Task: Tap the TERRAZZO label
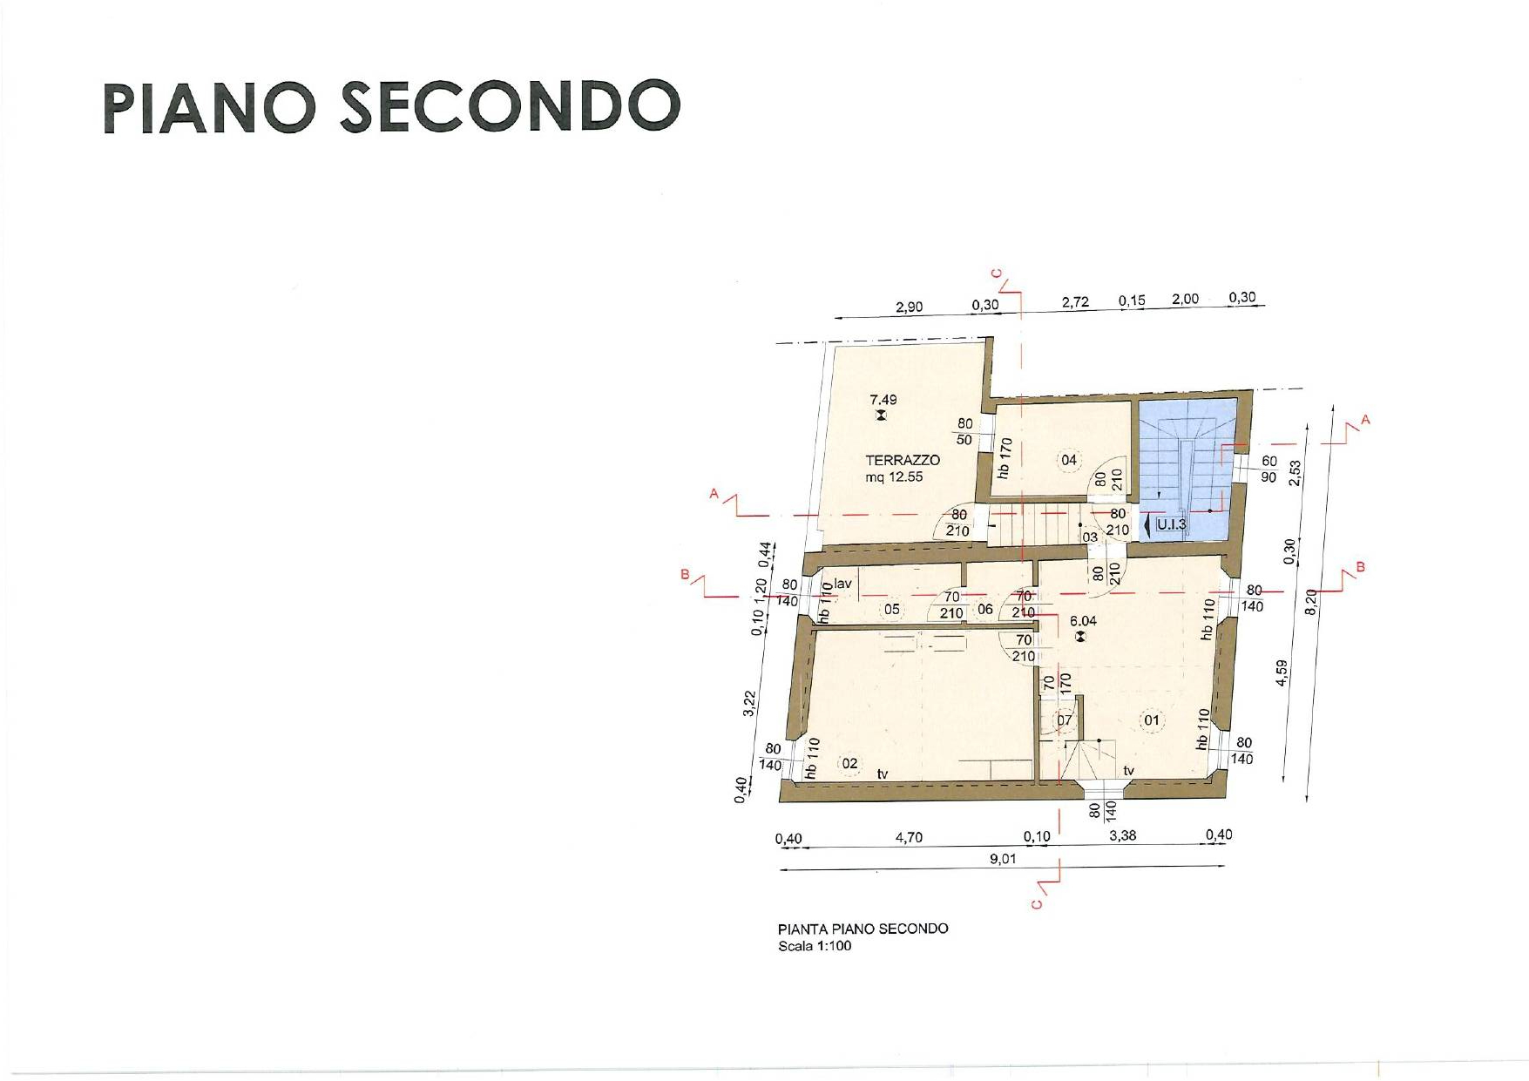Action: (903, 460)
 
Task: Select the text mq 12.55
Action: (894, 477)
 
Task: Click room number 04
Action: (1069, 460)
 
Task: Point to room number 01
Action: (1152, 720)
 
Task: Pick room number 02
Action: (849, 764)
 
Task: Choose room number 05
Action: (892, 609)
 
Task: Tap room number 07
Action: (1065, 720)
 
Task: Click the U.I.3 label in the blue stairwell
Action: (1171, 524)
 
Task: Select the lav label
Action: (842, 584)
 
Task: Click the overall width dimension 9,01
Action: (1003, 859)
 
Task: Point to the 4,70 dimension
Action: (909, 837)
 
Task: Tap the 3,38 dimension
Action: (1122, 835)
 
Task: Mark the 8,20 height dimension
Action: (1313, 601)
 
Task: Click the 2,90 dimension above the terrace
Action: (909, 307)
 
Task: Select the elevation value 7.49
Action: (883, 400)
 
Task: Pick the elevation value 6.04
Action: (1083, 621)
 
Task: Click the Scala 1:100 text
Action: (815, 946)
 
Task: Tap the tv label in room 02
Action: (883, 774)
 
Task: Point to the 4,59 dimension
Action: (1282, 672)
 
